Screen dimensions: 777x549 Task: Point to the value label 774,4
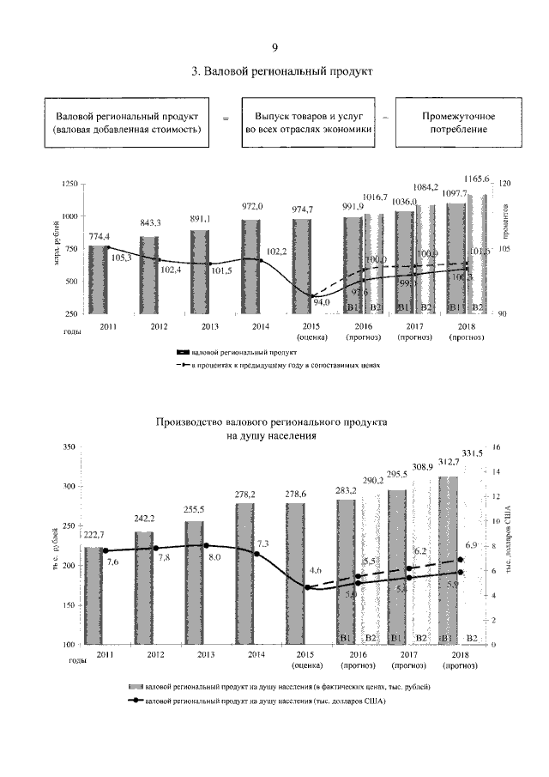point(101,237)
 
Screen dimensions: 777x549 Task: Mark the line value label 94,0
point(321,302)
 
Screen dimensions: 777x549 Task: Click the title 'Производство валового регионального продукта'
point(272,423)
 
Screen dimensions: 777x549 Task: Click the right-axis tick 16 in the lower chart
point(496,447)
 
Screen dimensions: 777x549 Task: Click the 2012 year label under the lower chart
point(155,655)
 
